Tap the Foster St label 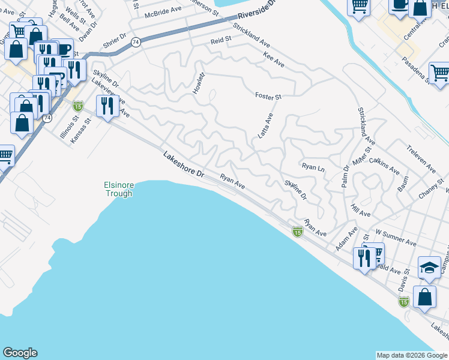pos(268,96)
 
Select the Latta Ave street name pos(265,126)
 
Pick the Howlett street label pos(199,82)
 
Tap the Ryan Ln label pos(313,167)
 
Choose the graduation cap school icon pos(429,268)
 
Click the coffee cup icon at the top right pos(399,5)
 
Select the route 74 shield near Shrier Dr pos(136,42)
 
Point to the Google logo pos(20,353)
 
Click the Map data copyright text pos(412,355)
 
